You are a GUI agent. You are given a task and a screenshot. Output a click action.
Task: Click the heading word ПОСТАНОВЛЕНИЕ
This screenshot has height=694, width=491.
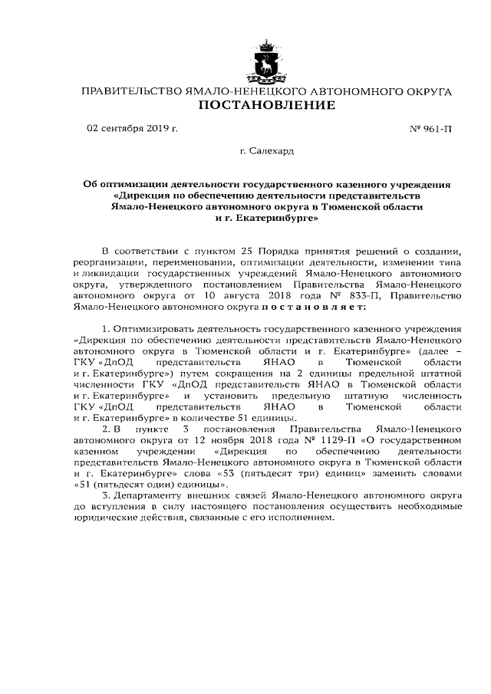267,105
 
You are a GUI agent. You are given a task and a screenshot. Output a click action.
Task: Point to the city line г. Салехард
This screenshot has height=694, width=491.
266,153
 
